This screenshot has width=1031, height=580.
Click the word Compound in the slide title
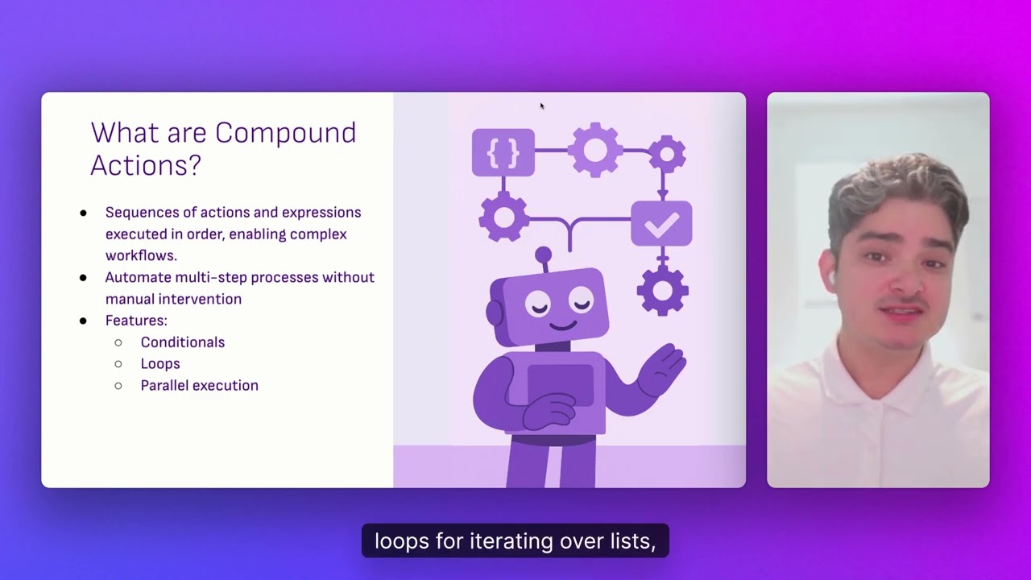(x=286, y=133)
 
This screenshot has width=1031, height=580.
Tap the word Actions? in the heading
(x=146, y=165)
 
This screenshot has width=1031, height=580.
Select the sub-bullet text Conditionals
(x=182, y=342)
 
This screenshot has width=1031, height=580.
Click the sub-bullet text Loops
(x=160, y=364)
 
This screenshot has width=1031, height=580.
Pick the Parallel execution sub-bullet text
(x=199, y=386)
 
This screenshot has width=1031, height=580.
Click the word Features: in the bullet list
(x=136, y=321)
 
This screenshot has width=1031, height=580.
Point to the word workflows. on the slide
(x=141, y=255)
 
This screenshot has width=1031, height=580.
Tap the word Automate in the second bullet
(x=136, y=277)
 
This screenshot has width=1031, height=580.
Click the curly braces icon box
(x=503, y=152)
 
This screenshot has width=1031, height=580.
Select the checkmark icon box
(x=661, y=224)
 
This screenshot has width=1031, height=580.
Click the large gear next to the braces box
(x=595, y=151)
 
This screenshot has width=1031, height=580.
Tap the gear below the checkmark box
(x=662, y=290)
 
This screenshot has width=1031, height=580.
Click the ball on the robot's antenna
(x=544, y=255)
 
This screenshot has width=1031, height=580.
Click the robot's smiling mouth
(x=561, y=325)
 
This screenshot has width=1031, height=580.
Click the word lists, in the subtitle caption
(x=633, y=541)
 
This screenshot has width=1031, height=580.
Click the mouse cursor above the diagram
(x=541, y=105)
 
